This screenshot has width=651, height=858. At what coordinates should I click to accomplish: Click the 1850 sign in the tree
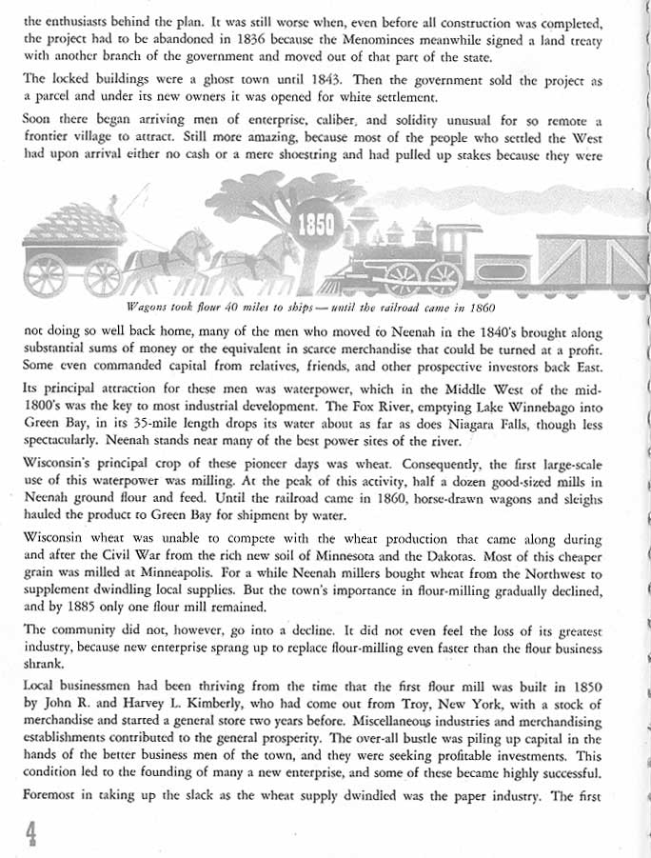pyautogui.click(x=316, y=226)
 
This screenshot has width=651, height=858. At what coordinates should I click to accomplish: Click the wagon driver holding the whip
pyautogui.click(x=110, y=205)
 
